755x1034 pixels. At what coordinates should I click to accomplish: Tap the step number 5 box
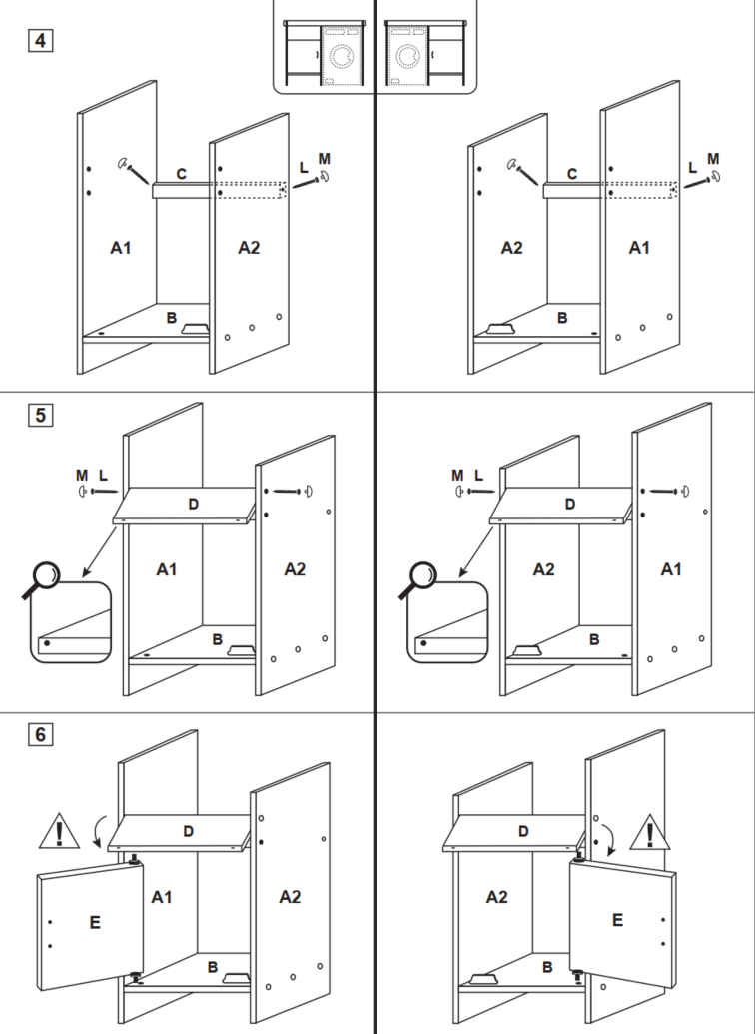tap(40, 414)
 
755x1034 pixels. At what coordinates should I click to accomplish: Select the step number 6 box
tap(40, 734)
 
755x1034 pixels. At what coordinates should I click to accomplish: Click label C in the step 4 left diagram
tap(181, 174)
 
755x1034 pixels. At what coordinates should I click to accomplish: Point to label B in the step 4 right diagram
tap(562, 318)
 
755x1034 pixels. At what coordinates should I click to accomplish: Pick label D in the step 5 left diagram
tap(193, 504)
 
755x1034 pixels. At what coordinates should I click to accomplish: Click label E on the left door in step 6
tap(95, 922)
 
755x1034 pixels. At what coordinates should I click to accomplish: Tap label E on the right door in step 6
tap(617, 920)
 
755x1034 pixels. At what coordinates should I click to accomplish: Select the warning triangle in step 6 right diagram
tap(653, 831)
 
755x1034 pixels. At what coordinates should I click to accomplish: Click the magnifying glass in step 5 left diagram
tap(45, 579)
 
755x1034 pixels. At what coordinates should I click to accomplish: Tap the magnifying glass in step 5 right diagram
tap(421, 579)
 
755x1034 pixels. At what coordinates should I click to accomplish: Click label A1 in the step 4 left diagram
tap(120, 247)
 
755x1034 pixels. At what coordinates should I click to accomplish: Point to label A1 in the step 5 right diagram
tap(671, 568)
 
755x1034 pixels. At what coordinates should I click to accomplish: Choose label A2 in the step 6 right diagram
tap(496, 897)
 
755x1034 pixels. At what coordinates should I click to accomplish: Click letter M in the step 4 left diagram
tap(324, 159)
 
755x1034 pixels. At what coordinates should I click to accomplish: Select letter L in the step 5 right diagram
tap(478, 475)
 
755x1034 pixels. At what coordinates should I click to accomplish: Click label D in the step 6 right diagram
tap(523, 831)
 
